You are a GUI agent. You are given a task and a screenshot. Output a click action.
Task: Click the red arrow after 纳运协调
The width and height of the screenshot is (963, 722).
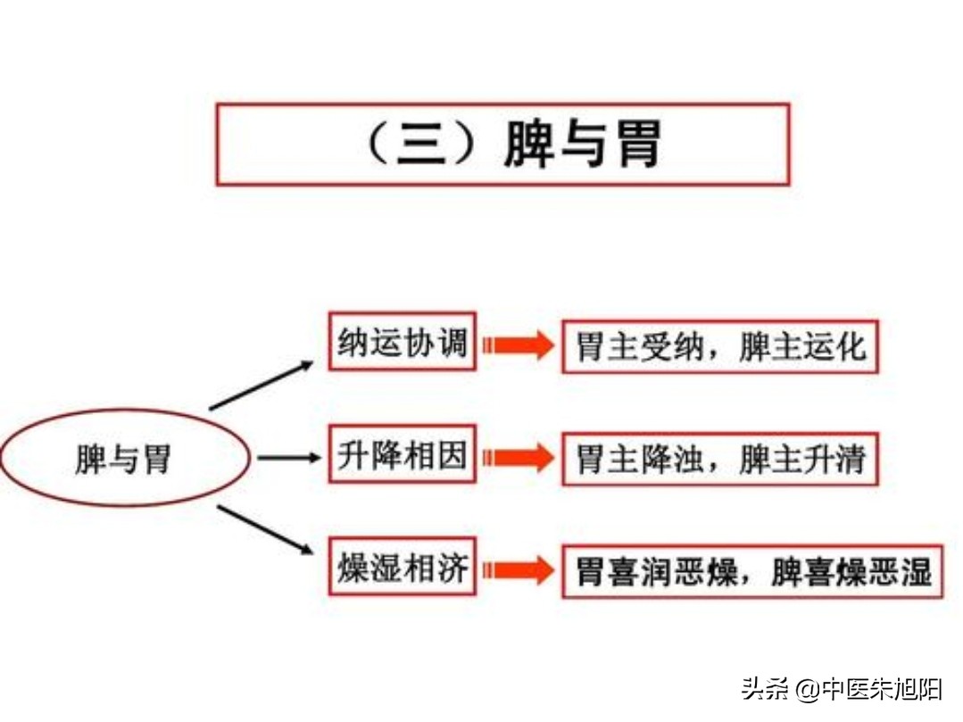click(x=519, y=345)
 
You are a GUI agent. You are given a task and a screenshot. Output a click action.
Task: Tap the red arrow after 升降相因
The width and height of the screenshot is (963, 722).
click(x=519, y=458)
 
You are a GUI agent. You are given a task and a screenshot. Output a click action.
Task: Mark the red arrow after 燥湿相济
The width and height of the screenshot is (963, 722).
click(x=519, y=570)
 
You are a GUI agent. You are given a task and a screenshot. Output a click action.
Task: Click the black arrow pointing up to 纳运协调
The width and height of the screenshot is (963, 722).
click(x=262, y=385)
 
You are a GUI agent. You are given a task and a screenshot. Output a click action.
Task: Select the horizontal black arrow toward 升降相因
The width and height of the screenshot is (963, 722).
click(x=289, y=458)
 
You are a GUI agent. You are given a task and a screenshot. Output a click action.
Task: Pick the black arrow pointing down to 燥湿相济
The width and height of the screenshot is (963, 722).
click(x=265, y=530)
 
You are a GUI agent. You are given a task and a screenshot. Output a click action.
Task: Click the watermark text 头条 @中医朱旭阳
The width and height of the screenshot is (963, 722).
click(x=842, y=689)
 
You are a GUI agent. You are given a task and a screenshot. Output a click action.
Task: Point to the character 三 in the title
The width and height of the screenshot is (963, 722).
click(x=421, y=145)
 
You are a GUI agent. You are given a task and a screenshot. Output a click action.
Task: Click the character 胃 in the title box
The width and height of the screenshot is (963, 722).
click(x=639, y=144)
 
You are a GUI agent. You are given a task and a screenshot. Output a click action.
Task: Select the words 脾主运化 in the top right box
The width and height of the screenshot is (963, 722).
click(x=802, y=347)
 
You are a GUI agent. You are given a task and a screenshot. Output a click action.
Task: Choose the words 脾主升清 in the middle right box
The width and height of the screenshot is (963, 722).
click(x=802, y=460)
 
